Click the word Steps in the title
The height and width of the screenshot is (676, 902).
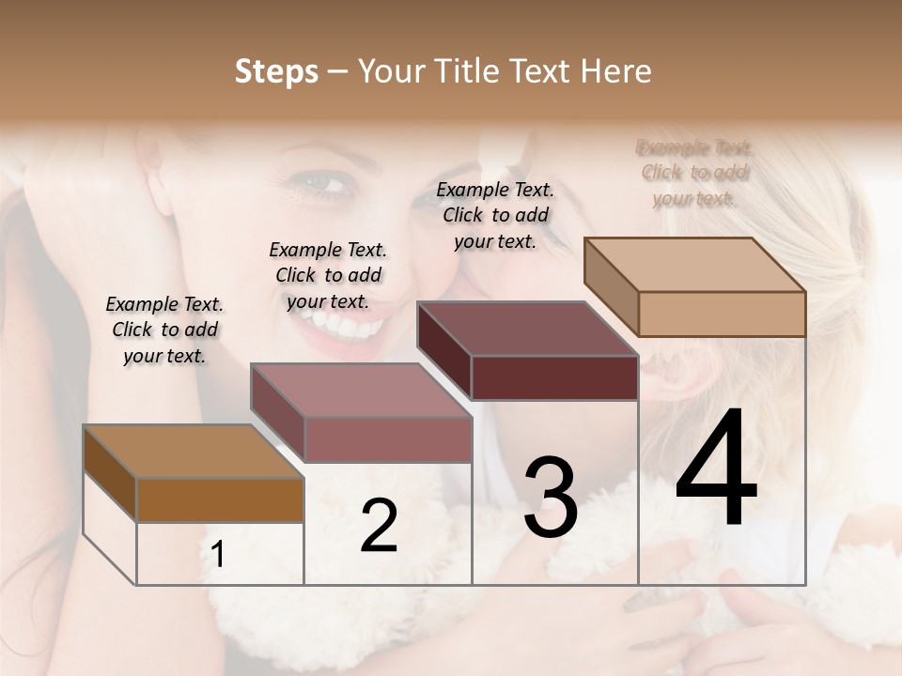276,71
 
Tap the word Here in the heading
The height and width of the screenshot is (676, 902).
616,71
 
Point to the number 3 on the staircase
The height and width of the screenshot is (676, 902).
550,498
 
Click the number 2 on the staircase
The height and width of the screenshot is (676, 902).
379,526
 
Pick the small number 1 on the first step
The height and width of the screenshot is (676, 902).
218,555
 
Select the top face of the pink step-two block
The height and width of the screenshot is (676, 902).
361,391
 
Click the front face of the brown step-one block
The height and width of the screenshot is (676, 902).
220,500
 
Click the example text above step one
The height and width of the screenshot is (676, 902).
164,330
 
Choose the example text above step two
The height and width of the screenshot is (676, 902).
328,275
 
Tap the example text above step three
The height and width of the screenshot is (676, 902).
495,215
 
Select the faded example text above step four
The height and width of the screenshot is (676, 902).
694,173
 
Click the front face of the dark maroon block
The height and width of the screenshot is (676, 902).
554,377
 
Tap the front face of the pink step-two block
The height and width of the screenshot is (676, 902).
388,439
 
